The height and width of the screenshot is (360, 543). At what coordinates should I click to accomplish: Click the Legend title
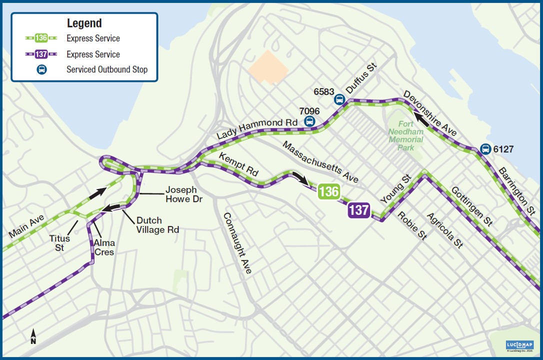(84, 23)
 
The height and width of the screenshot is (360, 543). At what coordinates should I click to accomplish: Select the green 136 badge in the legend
(41, 38)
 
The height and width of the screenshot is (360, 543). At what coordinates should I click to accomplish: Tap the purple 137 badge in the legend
(41, 54)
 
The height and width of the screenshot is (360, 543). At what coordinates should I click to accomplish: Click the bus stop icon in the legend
(41, 69)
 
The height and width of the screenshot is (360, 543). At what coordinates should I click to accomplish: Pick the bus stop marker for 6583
(339, 99)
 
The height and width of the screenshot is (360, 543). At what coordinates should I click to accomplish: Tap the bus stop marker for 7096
(309, 120)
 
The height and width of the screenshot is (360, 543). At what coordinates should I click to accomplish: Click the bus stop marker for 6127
(484, 148)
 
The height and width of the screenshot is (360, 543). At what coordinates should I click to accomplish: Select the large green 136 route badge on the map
(328, 191)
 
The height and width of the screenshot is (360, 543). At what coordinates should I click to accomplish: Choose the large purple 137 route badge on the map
(359, 210)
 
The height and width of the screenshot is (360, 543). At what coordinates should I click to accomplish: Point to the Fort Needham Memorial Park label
(405, 135)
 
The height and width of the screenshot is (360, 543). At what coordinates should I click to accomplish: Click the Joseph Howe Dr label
(181, 194)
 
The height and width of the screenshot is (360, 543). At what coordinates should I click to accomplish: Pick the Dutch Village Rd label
(157, 225)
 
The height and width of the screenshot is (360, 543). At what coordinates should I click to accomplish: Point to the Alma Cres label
(104, 247)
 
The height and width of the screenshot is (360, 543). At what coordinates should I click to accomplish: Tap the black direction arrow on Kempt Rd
(301, 178)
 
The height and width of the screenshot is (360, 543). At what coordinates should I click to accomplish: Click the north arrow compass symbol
(33, 336)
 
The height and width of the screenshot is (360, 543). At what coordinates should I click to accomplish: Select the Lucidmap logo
(519, 345)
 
